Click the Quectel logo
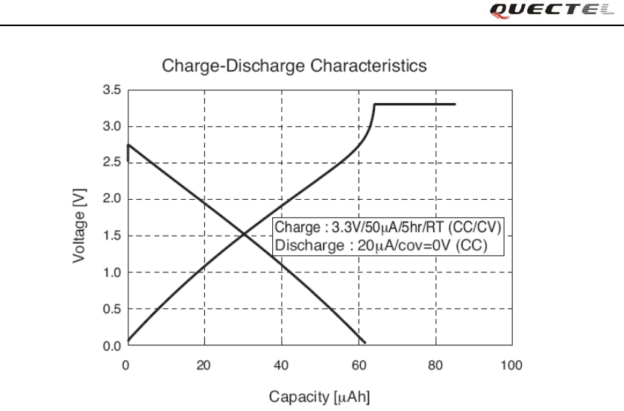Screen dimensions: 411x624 (x=579, y=10)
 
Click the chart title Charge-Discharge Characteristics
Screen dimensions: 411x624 (x=294, y=66)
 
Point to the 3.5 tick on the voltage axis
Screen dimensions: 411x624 (x=111, y=90)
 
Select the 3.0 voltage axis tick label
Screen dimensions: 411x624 (x=111, y=127)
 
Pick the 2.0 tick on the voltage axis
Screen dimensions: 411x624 (x=111, y=200)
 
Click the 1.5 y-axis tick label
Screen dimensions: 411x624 (x=111, y=236)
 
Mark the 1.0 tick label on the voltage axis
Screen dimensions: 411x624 (x=111, y=273)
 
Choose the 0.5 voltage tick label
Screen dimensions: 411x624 (x=111, y=310)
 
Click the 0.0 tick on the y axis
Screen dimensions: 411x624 (x=111, y=346)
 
